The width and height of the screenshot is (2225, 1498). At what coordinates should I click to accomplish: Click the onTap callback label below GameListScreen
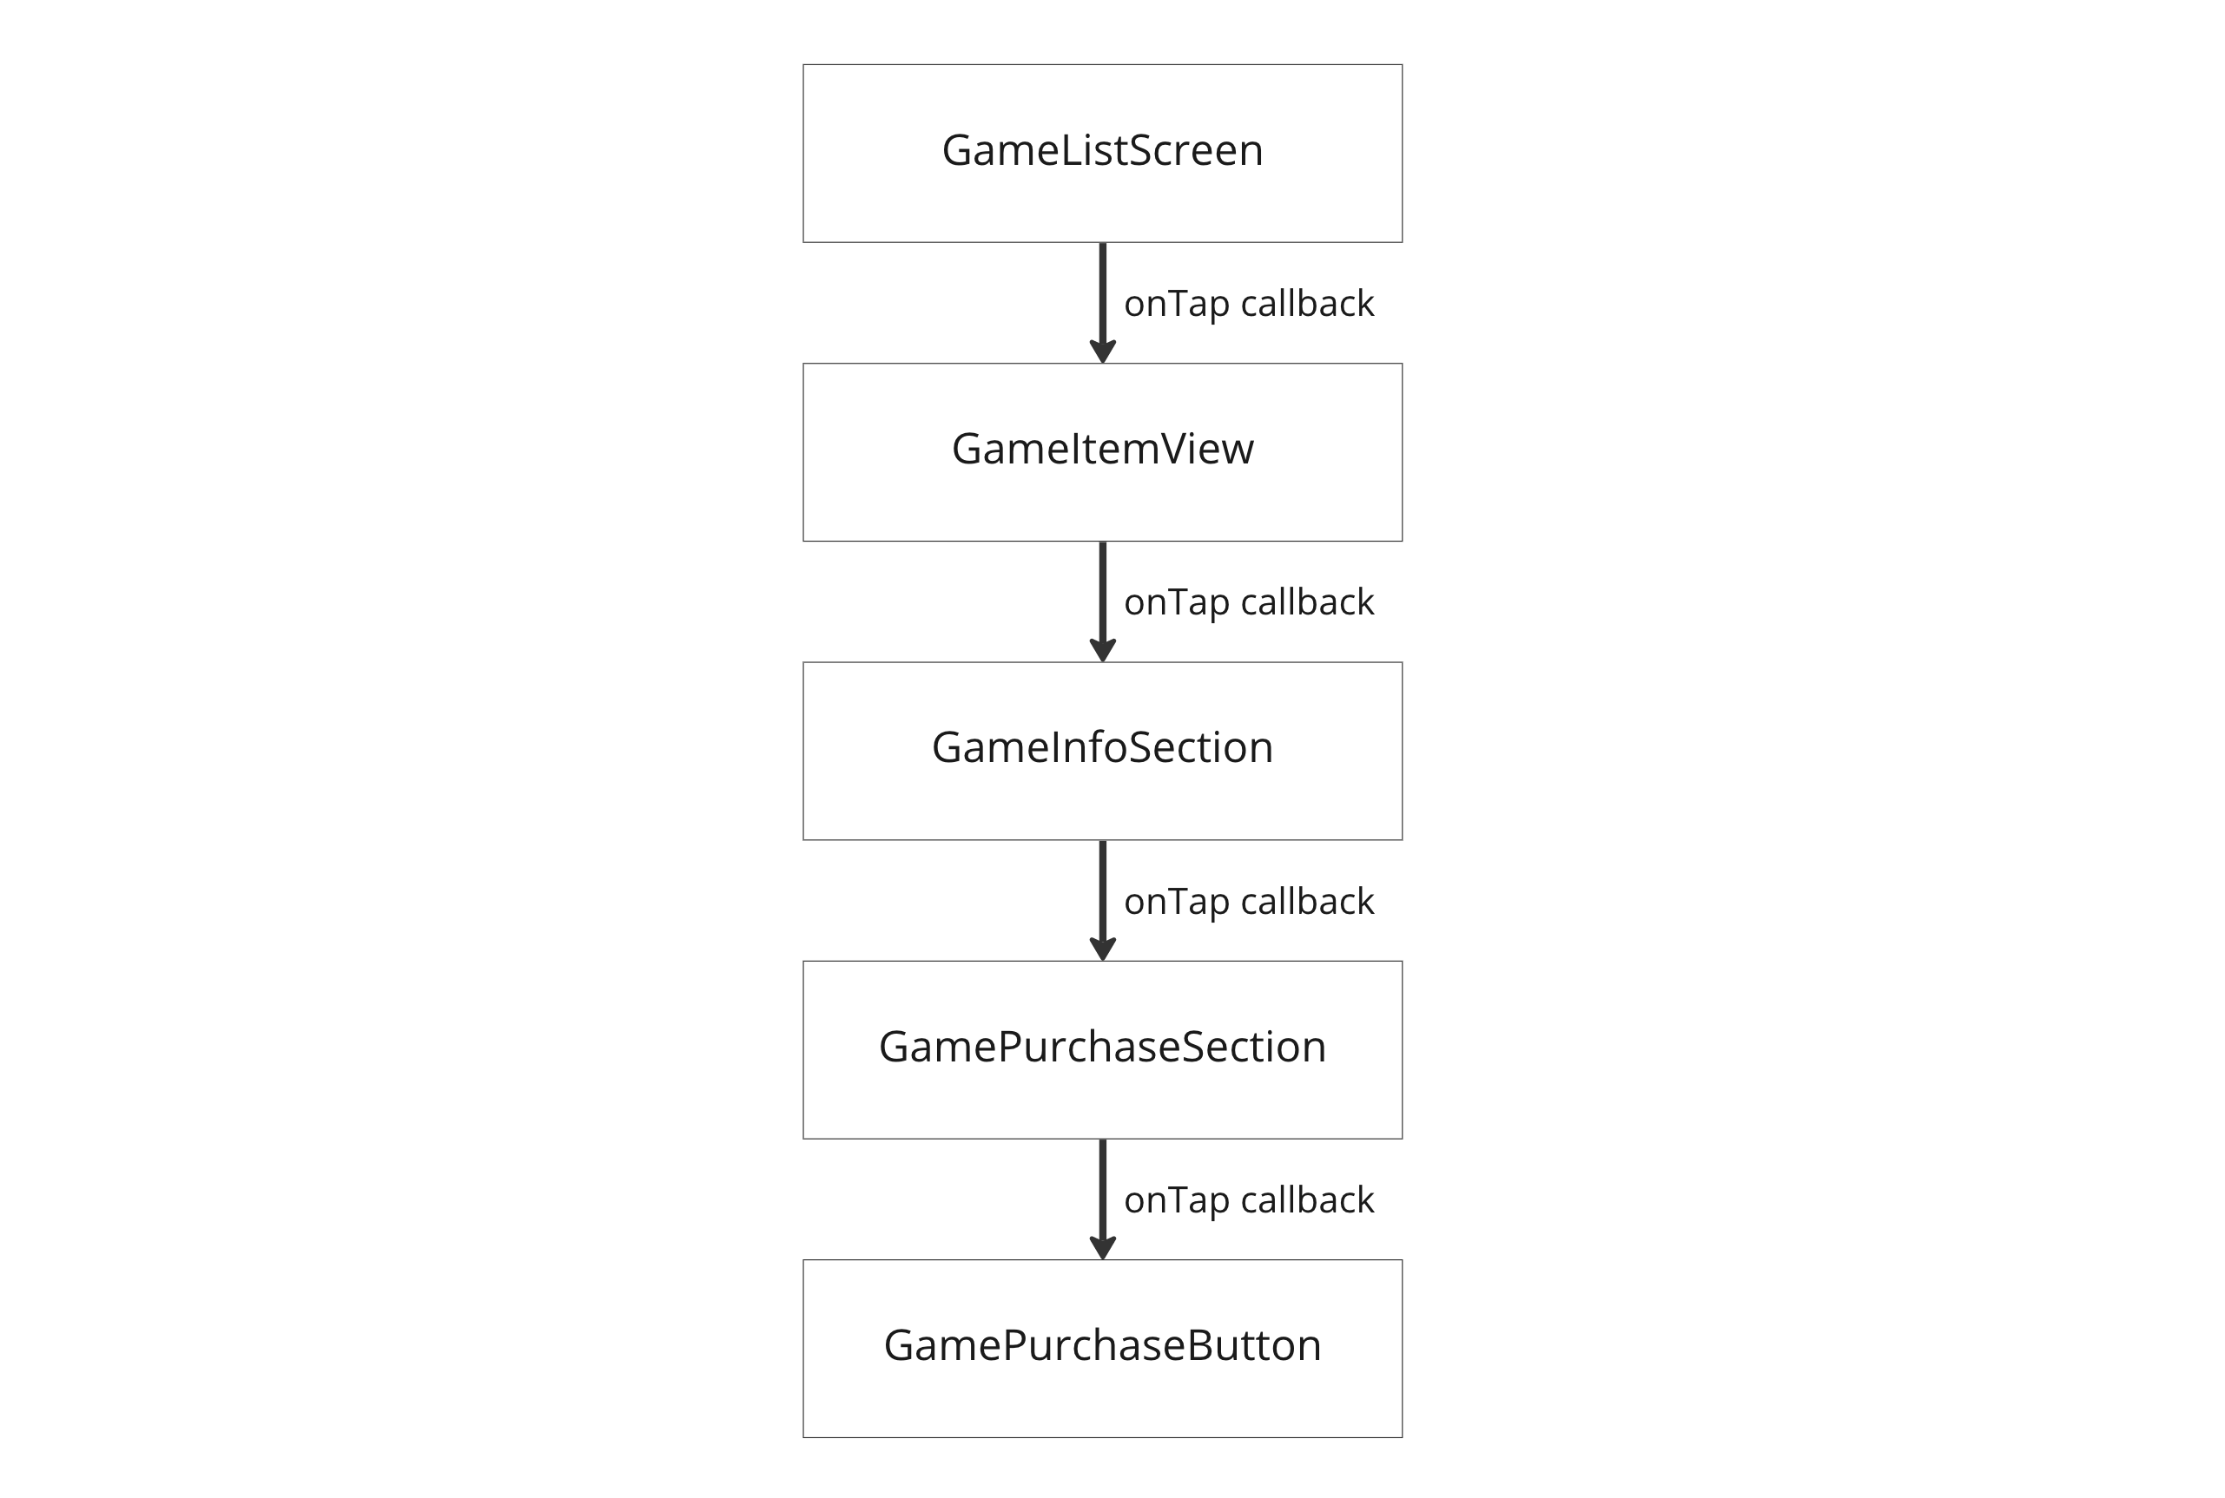pos(1248,304)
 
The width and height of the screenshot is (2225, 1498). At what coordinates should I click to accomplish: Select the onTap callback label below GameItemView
pos(1248,601)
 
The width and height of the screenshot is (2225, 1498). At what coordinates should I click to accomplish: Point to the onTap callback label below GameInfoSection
pos(1248,901)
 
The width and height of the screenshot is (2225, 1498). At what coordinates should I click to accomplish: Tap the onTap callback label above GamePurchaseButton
pos(1248,1200)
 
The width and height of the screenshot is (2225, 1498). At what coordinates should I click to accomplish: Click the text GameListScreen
pos(1102,151)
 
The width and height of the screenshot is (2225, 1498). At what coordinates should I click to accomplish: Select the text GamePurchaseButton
pos(1102,1345)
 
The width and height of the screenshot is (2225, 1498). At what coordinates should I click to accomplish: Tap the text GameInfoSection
pos(1102,747)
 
